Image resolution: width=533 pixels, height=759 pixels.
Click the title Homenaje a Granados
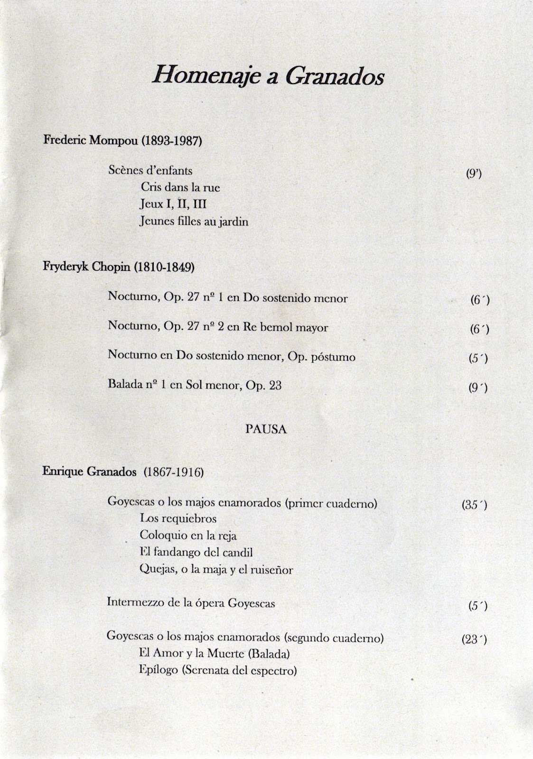coord(268,76)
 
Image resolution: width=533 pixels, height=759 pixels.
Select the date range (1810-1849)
coord(164,267)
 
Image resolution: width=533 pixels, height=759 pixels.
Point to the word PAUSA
coord(266,429)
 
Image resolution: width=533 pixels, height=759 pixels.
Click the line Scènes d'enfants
coord(150,170)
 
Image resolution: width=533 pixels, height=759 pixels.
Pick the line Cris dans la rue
coord(180,187)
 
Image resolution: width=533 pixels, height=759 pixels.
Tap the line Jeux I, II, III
coord(173,204)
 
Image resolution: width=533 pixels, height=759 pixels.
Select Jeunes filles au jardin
coord(194,222)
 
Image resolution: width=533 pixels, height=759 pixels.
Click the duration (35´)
coord(474,505)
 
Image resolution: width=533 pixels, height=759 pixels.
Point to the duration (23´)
coord(474,639)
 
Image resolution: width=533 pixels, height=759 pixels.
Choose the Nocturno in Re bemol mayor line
coord(218,327)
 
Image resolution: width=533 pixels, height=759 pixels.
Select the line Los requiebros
coord(178,518)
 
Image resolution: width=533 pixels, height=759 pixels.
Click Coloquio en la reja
coord(188,536)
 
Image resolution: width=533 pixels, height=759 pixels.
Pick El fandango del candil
coord(196,552)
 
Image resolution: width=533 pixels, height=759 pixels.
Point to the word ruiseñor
coord(269,569)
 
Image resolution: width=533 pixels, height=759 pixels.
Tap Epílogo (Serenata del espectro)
coord(218,670)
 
